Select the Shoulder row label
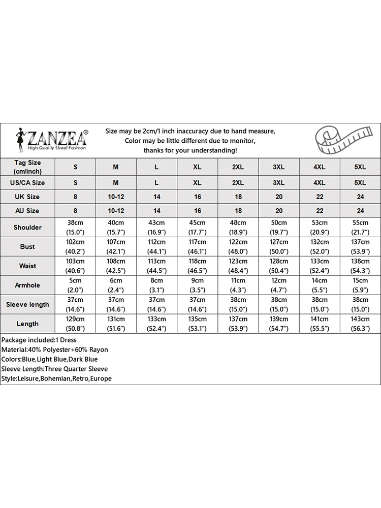(27, 227)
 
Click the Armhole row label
(27, 285)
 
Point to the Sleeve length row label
(27, 304)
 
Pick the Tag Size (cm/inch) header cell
(27, 166)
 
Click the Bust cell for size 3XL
(279, 246)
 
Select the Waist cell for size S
(75, 266)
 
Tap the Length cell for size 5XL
(360, 324)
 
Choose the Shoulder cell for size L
(156, 227)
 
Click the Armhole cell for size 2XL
(238, 285)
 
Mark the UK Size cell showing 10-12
(116, 197)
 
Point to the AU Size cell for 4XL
(320, 210)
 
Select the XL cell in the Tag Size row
(197, 167)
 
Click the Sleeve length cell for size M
(116, 304)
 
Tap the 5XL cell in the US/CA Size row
(360, 182)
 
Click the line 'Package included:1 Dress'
(39, 339)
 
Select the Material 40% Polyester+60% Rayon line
(55, 350)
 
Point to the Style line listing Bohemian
(56, 378)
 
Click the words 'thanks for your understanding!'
(190, 150)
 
